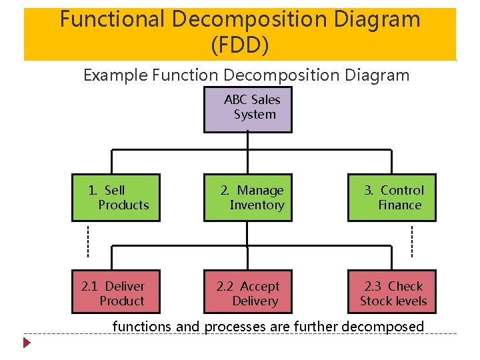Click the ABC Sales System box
pos(247,108)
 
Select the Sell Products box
pos(116,198)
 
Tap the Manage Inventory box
pos(247,198)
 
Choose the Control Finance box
pos(391,198)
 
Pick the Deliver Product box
pos(116,292)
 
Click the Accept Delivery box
pos(247,292)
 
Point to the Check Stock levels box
pos(391,292)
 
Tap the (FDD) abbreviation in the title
pos(240,45)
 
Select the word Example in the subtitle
pos(115,75)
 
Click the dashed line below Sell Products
pos(88,241)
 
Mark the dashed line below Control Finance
pos(411,241)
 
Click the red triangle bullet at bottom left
pos(27,344)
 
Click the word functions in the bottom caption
pos(142,327)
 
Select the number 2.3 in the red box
pos(373,287)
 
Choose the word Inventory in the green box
pos(257,205)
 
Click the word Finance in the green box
pos(400,205)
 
